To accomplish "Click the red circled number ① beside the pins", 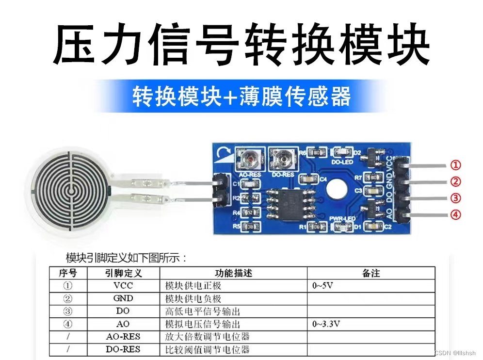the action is (455, 165).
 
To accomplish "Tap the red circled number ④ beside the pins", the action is (455, 214).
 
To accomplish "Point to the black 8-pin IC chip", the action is (290, 203).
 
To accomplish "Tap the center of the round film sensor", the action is (71, 191).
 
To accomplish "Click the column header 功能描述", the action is (233, 273).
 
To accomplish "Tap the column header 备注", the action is (371, 273).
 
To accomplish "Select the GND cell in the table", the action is (123, 298).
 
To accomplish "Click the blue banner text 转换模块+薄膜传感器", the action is (241, 97).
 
